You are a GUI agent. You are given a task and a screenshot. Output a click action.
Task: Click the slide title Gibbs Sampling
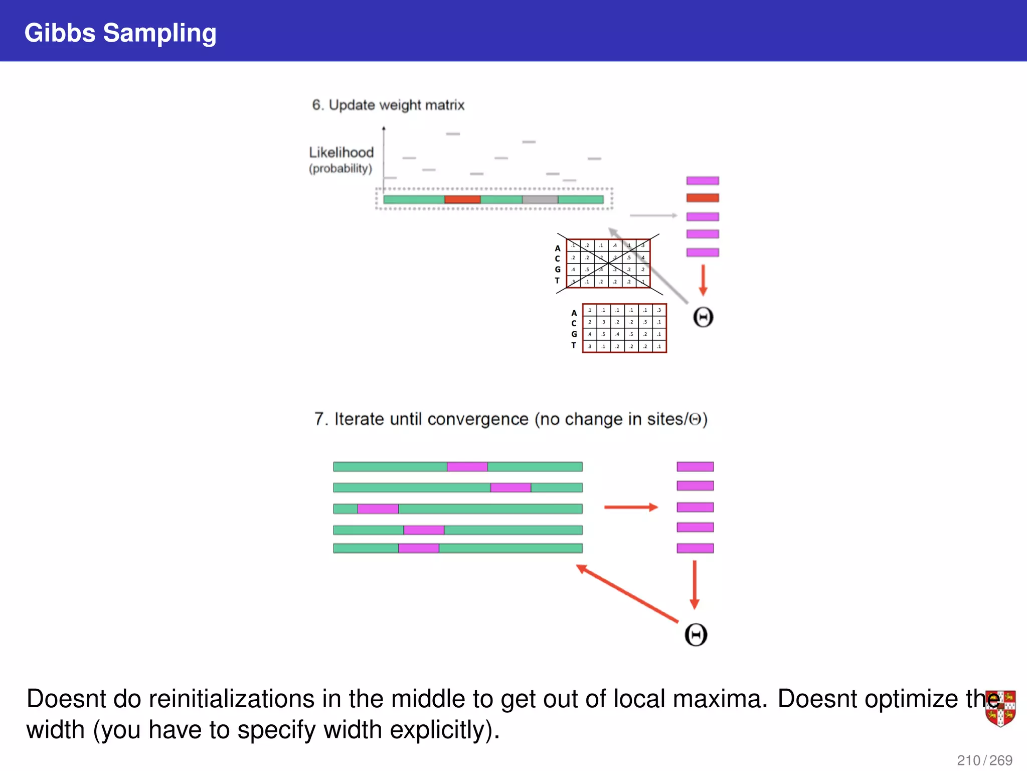[x=120, y=33]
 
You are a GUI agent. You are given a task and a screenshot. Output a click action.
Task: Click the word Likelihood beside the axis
[x=341, y=152]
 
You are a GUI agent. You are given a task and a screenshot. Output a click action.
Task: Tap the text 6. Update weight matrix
[x=388, y=105]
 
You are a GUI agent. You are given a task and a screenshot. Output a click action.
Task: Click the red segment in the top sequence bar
[x=462, y=199]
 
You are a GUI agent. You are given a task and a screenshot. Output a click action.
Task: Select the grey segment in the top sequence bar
[x=540, y=199]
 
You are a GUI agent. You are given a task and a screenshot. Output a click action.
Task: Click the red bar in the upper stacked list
[x=702, y=198]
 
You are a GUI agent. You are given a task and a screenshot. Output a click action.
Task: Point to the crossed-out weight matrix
[x=608, y=264]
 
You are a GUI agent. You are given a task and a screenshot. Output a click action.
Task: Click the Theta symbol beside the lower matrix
[x=703, y=317]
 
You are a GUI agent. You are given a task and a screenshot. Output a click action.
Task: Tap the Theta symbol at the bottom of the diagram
[x=696, y=634]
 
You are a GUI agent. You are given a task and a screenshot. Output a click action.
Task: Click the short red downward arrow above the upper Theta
[x=703, y=280]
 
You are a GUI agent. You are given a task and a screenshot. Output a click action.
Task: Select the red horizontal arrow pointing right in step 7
[x=630, y=507]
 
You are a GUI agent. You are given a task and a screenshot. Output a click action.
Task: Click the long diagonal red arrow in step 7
[x=627, y=594]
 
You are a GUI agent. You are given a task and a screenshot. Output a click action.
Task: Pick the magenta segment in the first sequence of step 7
[x=467, y=467]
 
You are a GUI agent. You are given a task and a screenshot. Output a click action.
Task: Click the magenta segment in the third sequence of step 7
[x=378, y=509]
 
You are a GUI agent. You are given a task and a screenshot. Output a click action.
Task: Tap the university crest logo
[x=1000, y=708]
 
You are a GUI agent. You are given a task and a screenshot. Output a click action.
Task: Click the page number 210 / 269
[x=984, y=760]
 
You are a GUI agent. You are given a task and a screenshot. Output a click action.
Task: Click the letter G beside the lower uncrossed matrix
[x=574, y=334]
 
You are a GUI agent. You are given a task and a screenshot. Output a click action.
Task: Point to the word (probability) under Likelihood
[x=340, y=169]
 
